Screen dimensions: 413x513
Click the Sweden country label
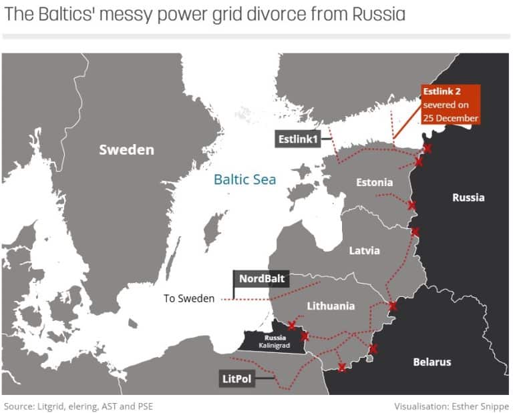click(126, 149)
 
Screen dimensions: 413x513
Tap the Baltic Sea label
click(244, 179)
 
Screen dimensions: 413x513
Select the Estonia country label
click(373, 181)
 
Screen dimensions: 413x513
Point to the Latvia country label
click(364, 250)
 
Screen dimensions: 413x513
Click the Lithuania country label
click(330, 306)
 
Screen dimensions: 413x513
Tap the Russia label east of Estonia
click(468, 197)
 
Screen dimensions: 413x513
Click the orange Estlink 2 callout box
click(450, 105)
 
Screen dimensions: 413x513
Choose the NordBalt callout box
click(261, 279)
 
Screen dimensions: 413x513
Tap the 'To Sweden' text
click(189, 298)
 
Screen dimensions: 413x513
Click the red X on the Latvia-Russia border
click(415, 232)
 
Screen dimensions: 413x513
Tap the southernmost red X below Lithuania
click(342, 367)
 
